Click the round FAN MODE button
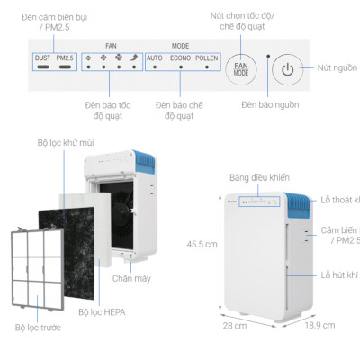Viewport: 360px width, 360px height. pyautogui.click(x=241, y=68)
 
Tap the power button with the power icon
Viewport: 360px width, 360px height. pyautogui.click(x=287, y=68)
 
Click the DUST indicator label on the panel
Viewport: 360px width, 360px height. pyautogui.click(x=41, y=59)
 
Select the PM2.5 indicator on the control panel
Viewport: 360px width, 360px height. pyautogui.click(x=64, y=59)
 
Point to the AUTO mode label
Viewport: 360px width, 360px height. pyautogui.click(x=154, y=59)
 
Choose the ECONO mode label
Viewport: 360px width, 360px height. pyautogui.click(x=179, y=59)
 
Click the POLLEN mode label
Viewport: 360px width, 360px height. pyautogui.click(x=207, y=59)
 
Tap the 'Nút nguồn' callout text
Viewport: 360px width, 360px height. pyautogui.click(x=337, y=68)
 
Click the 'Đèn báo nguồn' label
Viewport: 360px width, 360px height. pyautogui.click(x=269, y=104)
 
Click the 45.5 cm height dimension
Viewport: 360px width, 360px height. pyautogui.click(x=202, y=244)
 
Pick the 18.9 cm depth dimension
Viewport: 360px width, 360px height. pyautogui.click(x=319, y=325)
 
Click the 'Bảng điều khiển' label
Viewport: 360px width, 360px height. pyautogui.click(x=259, y=175)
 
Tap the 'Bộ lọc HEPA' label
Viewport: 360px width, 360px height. pyautogui.click(x=101, y=312)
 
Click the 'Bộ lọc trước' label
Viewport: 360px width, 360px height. pyautogui.click(x=38, y=328)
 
